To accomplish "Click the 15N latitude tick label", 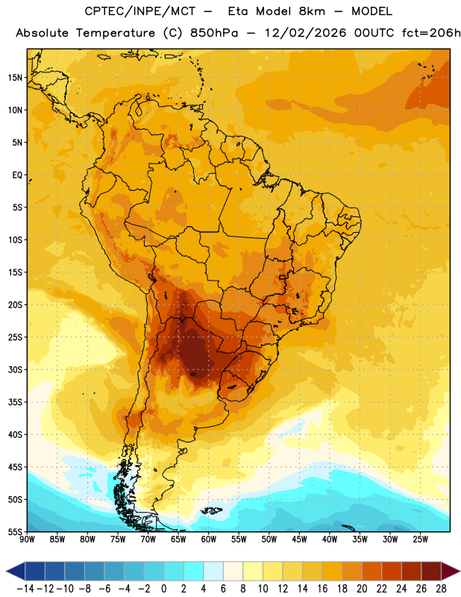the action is (x=15, y=78).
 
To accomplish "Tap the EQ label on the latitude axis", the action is (x=17, y=175).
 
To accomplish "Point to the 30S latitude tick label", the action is (x=15, y=369).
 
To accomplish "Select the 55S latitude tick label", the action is (x=15, y=531).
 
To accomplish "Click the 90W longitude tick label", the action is (x=27, y=540).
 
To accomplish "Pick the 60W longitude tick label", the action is (x=209, y=540).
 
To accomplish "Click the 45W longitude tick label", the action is (x=299, y=540).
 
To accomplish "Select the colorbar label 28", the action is (x=441, y=589).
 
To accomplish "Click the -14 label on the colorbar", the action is (x=25, y=589).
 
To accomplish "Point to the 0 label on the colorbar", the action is (x=163, y=589).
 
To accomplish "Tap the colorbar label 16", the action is (x=322, y=589).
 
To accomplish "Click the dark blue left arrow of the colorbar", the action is (x=16, y=571).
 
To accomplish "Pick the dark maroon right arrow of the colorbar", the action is (x=451, y=571).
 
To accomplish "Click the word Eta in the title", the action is (x=238, y=11).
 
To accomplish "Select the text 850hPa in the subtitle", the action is (x=214, y=33).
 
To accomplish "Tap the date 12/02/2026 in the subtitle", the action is (x=306, y=33).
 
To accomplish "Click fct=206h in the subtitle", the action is (x=431, y=33).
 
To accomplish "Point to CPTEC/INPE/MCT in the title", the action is (x=140, y=11).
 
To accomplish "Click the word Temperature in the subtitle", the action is (x=116, y=34).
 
